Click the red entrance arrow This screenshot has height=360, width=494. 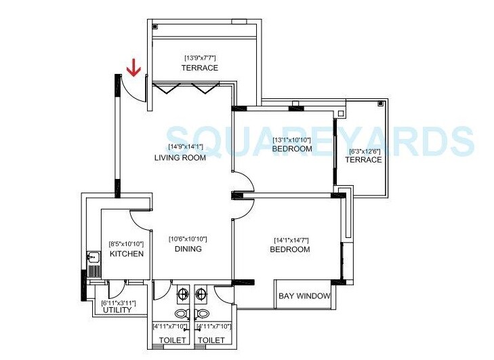click(134, 68)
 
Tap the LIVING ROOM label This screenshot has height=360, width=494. click(180, 158)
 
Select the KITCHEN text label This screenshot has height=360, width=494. click(127, 254)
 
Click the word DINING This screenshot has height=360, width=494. click(188, 249)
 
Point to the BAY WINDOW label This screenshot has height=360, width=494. click(305, 296)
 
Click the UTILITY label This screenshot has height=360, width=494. click(117, 311)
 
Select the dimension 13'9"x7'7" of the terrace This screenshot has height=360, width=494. click(200, 58)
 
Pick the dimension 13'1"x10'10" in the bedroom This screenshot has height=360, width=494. click(291, 140)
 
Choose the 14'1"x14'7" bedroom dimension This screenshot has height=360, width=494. click(293, 239)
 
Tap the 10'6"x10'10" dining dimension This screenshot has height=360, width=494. click(188, 239)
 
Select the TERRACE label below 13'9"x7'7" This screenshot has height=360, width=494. click(200, 68)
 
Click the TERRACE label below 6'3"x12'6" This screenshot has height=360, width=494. click(363, 160)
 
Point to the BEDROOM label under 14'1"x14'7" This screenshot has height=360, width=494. click(291, 249)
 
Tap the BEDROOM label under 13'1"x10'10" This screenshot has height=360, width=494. click(293, 149)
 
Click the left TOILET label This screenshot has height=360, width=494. click(172, 339)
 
